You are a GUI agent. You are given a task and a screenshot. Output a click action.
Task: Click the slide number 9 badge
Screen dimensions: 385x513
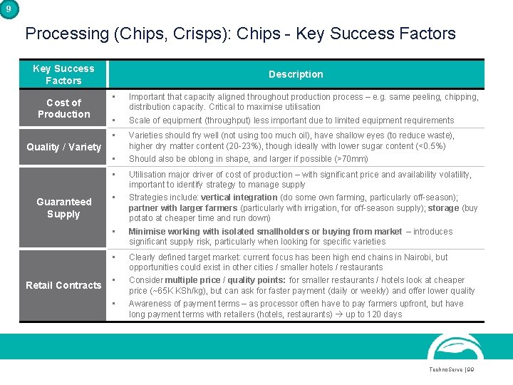[7, 8]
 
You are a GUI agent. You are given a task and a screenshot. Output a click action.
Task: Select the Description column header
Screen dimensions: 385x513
[296, 74]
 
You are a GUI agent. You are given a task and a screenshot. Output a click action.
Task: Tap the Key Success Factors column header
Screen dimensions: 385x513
[63, 74]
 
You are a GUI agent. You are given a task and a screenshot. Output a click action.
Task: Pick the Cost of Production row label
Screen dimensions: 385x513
[63, 108]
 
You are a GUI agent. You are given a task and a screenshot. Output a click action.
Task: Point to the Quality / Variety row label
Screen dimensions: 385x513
[63, 147]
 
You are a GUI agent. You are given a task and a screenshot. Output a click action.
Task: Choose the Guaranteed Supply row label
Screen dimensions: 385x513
[63, 208]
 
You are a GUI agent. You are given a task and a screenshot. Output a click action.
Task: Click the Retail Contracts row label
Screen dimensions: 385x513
[63, 285]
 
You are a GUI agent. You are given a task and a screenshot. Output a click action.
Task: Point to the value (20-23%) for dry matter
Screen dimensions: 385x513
[242, 146]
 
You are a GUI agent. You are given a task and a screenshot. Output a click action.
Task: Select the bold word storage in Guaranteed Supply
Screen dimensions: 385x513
[442, 208]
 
